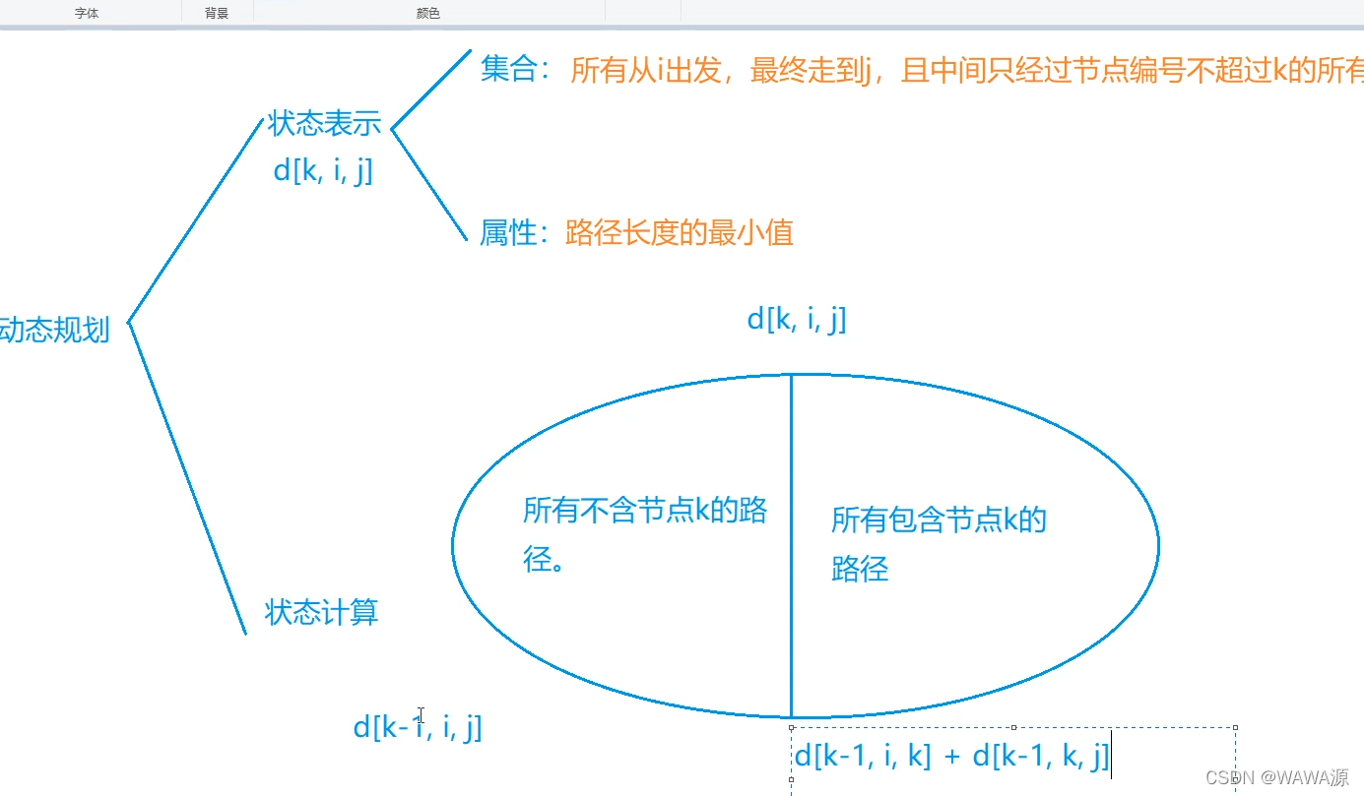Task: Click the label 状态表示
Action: pyautogui.click(x=324, y=125)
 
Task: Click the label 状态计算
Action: pyautogui.click(x=322, y=613)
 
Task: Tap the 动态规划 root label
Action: pyautogui.click(x=53, y=330)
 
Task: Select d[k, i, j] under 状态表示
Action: pyautogui.click(x=323, y=170)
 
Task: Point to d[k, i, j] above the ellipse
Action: pyautogui.click(x=796, y=319)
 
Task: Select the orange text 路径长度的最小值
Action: pyautogui.click(x=680, y=233)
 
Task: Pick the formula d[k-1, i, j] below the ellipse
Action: pyautogui.click(x=418, y=727)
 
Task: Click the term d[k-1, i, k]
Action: pyautogui.click(x=862, y=756)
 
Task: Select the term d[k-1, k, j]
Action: pyautogui.click(x=1040, y=756)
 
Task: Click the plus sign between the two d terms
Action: pyautogui.click(x=950, y=757)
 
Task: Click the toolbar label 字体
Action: pyautogui.click(x=87, y=14)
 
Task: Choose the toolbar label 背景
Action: pyautogui.click(x=217, y=14)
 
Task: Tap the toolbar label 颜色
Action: pyautogui.click(x=428, y=14)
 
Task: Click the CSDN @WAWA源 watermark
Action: pyautogui.click(x=1276, y=777)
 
